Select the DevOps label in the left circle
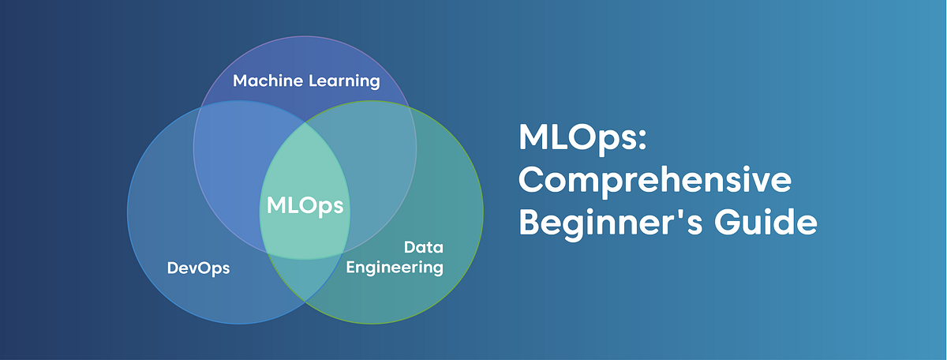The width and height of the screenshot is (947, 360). click(x=198, y=268)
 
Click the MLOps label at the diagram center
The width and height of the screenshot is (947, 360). click(x=305, y=205)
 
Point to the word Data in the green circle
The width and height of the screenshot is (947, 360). click(x=421, y=247)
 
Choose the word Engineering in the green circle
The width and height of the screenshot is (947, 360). click(x=395, y=268)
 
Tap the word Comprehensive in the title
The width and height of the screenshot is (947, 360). click(x=654, y=182)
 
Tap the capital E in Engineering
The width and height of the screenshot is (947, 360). click(x=352, y=267)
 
